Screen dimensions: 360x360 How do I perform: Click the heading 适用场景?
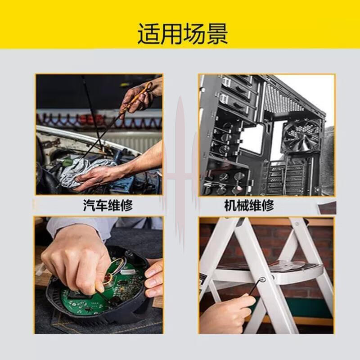[x=183, y=34]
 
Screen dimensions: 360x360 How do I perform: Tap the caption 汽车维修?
[x=108, y=205]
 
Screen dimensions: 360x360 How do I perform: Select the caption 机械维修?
[x=249, y=205]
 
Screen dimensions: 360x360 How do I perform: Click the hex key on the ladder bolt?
[x=256, y=287]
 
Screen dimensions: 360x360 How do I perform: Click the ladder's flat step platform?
[x=296, y=271]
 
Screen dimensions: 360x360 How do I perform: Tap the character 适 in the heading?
[x=148, y=34]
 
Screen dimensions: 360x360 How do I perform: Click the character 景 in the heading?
[x=217, y=34]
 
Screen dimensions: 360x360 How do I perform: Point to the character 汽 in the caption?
[x=89, y=205]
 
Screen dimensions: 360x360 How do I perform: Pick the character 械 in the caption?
[x=243, y=205]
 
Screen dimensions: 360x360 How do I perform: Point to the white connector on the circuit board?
[x=128, y=272]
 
